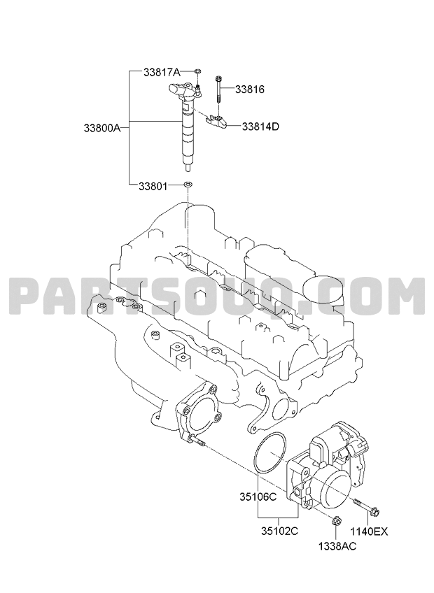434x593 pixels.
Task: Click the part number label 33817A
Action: tap(161, 72)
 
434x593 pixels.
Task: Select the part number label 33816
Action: tap(250, 90)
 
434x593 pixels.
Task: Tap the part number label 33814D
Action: tap(260, 127)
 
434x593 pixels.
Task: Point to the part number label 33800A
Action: tap(102, 128)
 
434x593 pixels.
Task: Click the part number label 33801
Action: tap(153, 186)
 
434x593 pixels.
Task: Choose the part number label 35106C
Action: tap(258, 496)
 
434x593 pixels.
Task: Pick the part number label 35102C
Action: tap(279, 531)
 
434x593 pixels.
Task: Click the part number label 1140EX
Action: tap(368, 531)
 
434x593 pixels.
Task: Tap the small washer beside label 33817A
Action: tap(197, 71)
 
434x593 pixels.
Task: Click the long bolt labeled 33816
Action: tap(218, 90)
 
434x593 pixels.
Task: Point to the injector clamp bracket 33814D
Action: tap(217, 121)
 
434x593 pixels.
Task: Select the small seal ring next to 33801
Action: tap(188, 185)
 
